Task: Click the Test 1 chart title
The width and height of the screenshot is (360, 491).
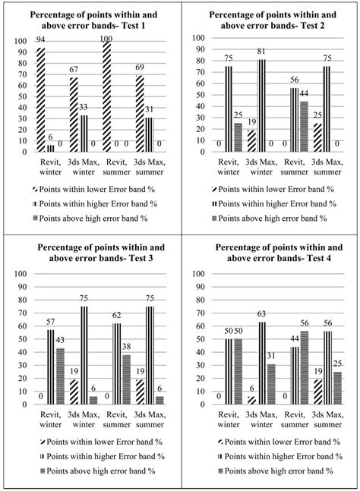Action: (90, 20)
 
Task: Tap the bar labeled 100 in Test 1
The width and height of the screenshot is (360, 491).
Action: (106, 96)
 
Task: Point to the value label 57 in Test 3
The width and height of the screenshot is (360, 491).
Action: (51, 323)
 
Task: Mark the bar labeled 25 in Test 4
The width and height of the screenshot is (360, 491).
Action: (337, 388)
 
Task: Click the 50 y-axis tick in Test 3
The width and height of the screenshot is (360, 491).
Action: (15, 338)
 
